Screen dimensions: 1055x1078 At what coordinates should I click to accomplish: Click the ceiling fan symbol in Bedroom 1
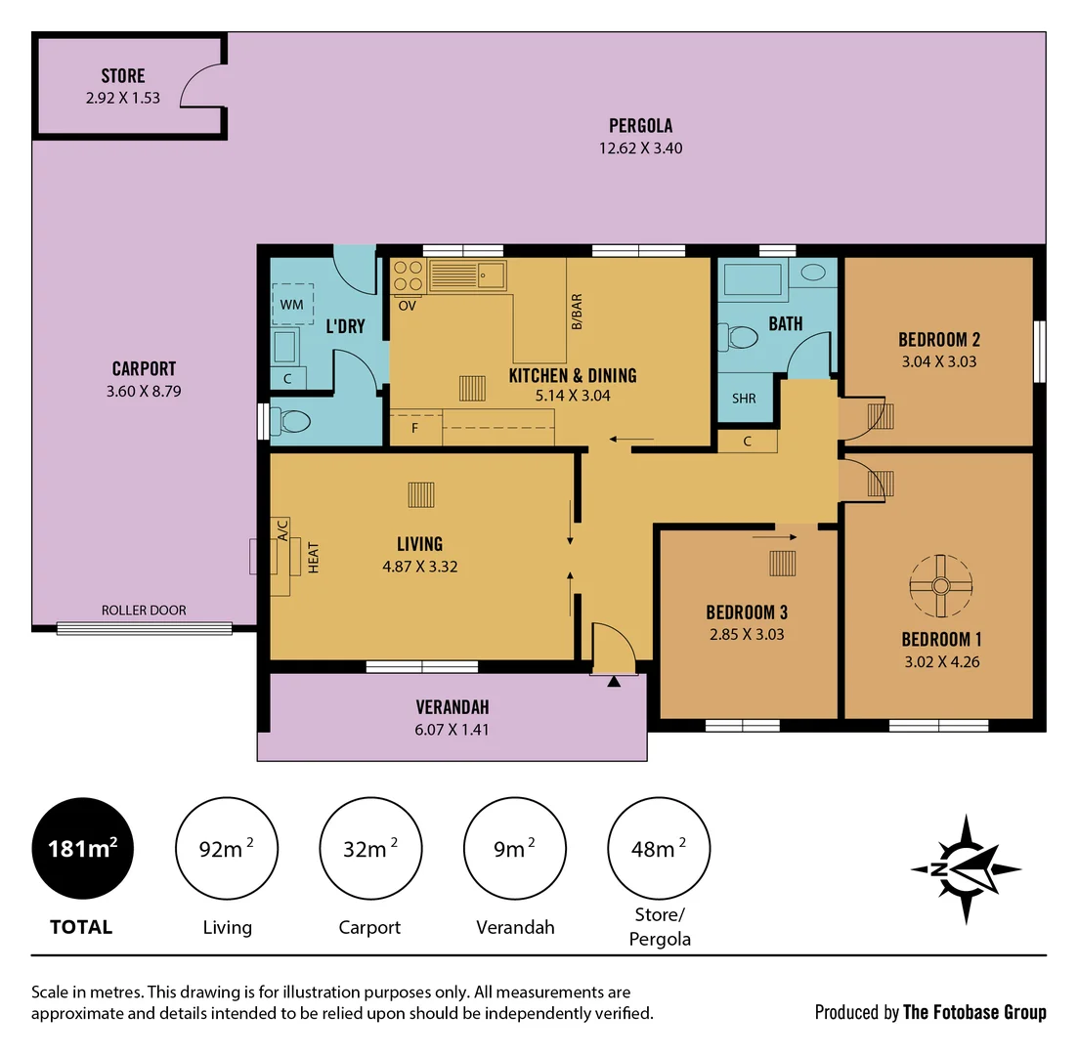940,586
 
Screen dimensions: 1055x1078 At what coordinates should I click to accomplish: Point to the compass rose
966,868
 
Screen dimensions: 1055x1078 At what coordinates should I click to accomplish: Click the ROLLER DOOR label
144,611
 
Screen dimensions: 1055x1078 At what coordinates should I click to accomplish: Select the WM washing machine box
292,305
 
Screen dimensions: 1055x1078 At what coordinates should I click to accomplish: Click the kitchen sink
467,276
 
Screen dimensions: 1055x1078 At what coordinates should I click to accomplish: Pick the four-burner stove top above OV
408,276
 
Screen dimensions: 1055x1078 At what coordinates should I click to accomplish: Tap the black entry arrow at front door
614,681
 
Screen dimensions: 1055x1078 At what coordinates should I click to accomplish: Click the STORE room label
123,76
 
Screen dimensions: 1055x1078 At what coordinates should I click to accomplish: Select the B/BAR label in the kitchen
577,311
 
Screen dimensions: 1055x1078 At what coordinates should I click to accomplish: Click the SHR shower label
744,399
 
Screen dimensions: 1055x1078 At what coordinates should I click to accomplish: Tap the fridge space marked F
414,428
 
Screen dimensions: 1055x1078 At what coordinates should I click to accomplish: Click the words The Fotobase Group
974,1012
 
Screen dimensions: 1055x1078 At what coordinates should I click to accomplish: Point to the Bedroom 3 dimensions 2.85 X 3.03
747,634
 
